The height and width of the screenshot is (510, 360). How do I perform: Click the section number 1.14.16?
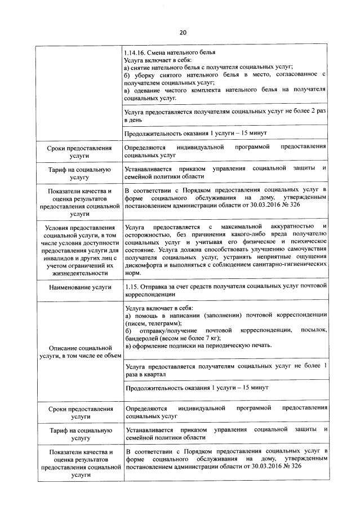135,52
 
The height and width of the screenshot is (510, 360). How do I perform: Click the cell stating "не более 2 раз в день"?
225,117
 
